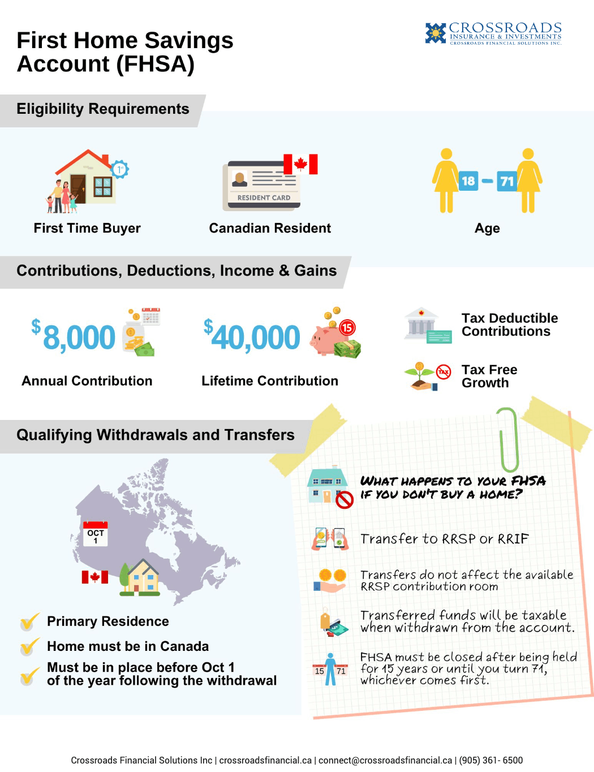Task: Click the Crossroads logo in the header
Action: click(x=493, y=33)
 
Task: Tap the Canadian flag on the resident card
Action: click(x=300, y=164)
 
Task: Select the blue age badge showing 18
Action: click(x=468, y=181)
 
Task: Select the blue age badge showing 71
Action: click(x=506, y=181)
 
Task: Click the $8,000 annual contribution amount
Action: click(x=74, y=337)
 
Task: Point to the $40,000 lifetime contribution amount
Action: click(x=252, y=337)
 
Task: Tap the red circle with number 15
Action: click(x=347, y=327)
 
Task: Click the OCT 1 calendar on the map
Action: click(x=95, y=533)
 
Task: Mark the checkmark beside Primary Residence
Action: click(x=29, y=622)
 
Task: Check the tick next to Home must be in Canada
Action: click(x=29, y=646)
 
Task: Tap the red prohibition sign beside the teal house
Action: click(x=344, y=500)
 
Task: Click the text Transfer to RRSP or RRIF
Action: click(x=444, y=539)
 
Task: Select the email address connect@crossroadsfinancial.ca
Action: click(x=385, y=760)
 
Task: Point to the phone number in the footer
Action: click(x=490, y=760)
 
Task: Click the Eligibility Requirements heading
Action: click(x=103, y=109)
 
